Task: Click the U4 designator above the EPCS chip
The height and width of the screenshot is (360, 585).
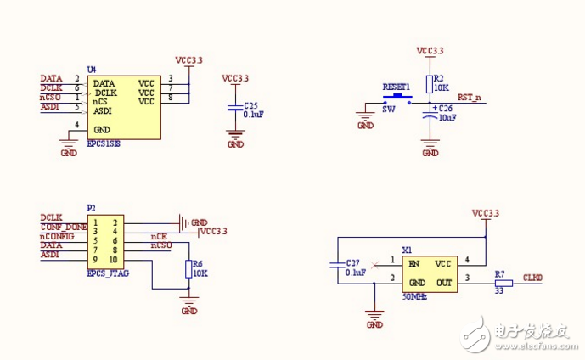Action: pyautogui.click(x=92, y=69)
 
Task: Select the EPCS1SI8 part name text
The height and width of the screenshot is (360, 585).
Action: pyautogui.click(x=104, y=144)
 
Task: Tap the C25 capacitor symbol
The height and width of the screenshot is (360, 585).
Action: pyautogui.click(x=235, y=108)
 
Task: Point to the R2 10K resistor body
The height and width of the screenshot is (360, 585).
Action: pyautogui.click(x=430, y=82)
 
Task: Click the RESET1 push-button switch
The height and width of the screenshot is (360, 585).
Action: pyautogui.click(x=397, y=98)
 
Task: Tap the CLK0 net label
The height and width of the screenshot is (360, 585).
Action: pyautogui.click(x=532, y=277)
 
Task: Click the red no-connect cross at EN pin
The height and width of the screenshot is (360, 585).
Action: pyautogui.click(x=376, y=263)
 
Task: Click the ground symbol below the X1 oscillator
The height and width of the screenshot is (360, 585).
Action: pyautogui.click(x=374, y=315)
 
